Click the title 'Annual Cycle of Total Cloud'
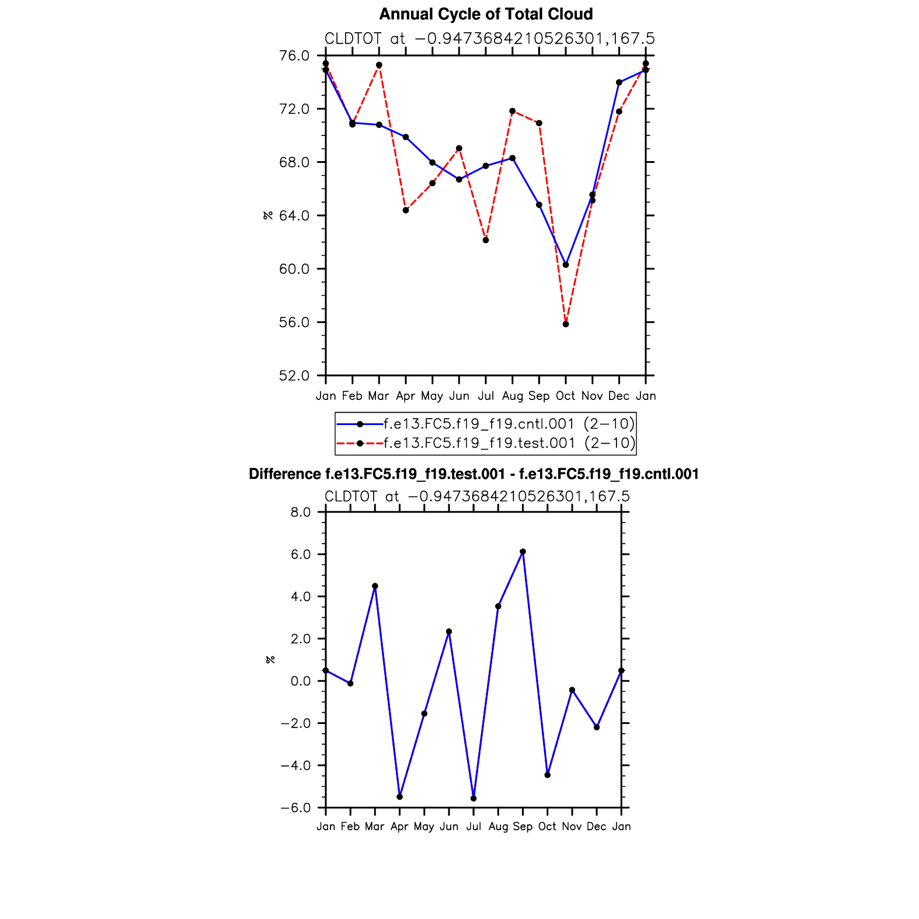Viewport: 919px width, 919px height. click(486, 14)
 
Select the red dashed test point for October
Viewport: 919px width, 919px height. click(566, 324)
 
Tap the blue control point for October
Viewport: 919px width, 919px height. click(566, 264)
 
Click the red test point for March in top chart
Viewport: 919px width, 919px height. click(379, 65)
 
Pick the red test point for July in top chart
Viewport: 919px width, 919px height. click(486, 240)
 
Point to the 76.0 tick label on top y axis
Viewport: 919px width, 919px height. click(294, 55)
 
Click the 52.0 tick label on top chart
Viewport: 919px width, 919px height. click(294, 375)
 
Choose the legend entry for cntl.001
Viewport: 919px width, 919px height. click(509, 423)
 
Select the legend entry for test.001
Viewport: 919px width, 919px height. click(509, 443)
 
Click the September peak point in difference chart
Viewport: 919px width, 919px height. click(523, 552)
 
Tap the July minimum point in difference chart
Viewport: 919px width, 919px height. click(474, 798)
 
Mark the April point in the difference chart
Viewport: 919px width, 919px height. click(399, 796)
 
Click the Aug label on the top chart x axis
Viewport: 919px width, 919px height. click(512, 396)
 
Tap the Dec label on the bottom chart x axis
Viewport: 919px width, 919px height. click(596, 826)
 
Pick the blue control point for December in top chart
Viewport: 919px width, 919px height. click(619, 82)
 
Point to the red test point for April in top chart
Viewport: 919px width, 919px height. click(406, 210)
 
